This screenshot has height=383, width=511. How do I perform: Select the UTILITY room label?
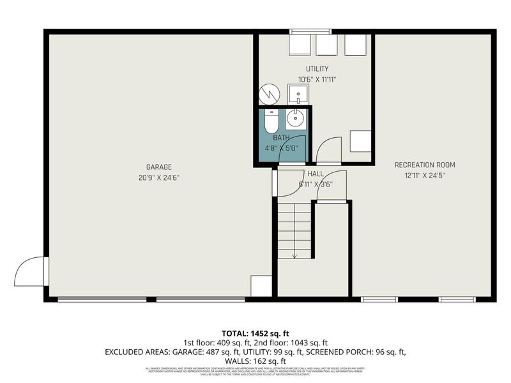(x=317, y=69)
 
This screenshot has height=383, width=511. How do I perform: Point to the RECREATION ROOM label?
(x=424, y=165)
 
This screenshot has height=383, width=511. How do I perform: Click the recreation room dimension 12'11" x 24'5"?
(x=424, y=175)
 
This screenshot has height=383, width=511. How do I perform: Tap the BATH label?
(x=281, y=138)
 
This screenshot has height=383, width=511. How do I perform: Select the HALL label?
(x=316, y=174)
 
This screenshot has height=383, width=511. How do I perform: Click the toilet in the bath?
(x=271, y=121)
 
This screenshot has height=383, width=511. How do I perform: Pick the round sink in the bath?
(x=296, y=119)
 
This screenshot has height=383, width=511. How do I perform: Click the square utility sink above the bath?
(x=298, y=94)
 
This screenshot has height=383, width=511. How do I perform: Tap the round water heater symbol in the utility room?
(x=269, y=94)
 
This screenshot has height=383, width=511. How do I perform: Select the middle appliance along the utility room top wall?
(x=326, y=45)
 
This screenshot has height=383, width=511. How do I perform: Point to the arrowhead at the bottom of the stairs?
(x=294, y=255)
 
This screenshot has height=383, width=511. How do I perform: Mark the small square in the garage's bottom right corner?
(x=261, y=286)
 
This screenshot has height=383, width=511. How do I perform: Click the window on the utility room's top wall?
(x=310, y=31)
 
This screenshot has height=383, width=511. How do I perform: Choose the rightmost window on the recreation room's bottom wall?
(x=457, y=299)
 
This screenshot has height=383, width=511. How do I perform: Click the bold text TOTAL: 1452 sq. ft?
(x=256, y=333)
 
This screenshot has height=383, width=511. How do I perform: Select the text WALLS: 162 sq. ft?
(x=256, y=361)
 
